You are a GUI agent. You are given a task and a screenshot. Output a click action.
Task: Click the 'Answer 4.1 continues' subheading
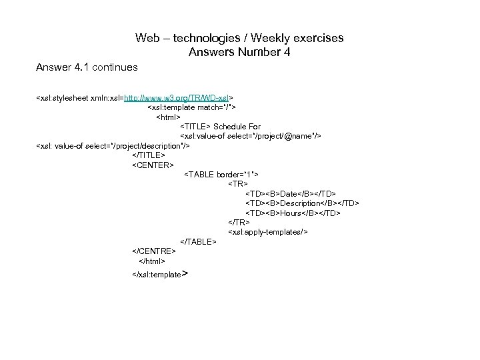(x=87, y=67)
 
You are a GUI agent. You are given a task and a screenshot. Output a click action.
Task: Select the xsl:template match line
(x=191, y=107)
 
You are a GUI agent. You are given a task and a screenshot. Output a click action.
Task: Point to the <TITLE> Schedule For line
(x=221, y=126)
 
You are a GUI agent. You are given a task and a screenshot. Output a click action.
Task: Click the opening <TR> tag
(x=238, y=183)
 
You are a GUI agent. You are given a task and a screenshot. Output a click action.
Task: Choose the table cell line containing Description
(x=302, y=203)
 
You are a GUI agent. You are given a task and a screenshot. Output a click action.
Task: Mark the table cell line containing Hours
(x=293, y=213)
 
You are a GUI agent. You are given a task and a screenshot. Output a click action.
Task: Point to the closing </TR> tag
(x=239, y=222)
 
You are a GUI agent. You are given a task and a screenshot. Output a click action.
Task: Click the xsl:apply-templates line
(x=267, y=231)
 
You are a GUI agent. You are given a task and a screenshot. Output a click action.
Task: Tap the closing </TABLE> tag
(x=199, y=241)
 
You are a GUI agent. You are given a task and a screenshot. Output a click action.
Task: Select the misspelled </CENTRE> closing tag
(x=154, y=251)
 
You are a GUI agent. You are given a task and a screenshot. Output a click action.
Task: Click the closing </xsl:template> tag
(x=159, y=274)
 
